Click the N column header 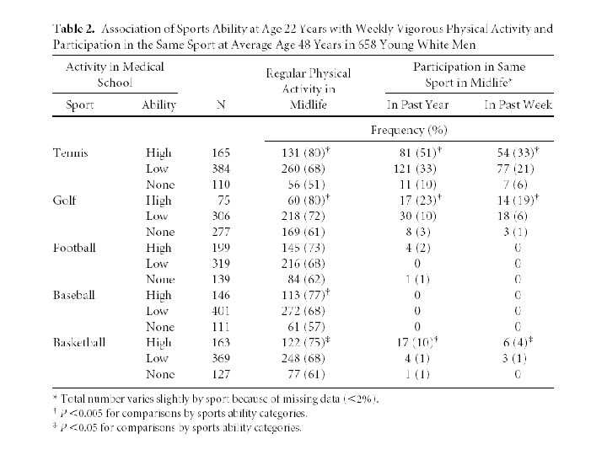coord(220,105)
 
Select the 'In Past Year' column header coord(418,105)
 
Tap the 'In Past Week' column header coord(516,105)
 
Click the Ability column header coord(159,105)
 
